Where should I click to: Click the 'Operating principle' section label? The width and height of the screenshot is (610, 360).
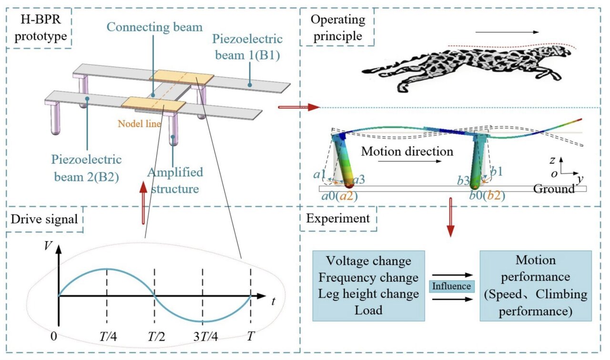[338, 28]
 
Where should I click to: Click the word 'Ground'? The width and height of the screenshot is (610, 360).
[554, 189]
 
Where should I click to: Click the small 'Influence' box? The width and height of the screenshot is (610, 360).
[451, 287]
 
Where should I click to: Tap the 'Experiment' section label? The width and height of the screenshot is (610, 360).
[338, 219]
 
